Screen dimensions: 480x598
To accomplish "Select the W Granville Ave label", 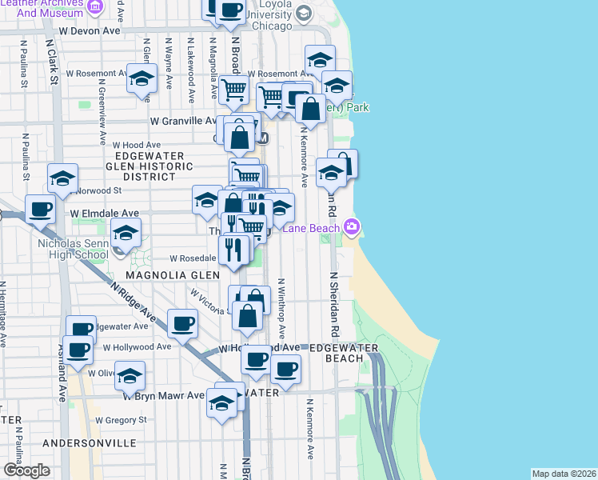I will pos(184,121).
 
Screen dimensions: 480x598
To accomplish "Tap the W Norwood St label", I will pos(98,190).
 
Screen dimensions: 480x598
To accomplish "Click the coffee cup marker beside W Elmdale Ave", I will pos(41,210).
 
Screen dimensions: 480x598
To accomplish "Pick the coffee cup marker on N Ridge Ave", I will pos(183,324).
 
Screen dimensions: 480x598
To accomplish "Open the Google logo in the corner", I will pos(26,470).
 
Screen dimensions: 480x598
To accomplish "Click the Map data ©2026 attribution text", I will pos(564,474).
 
